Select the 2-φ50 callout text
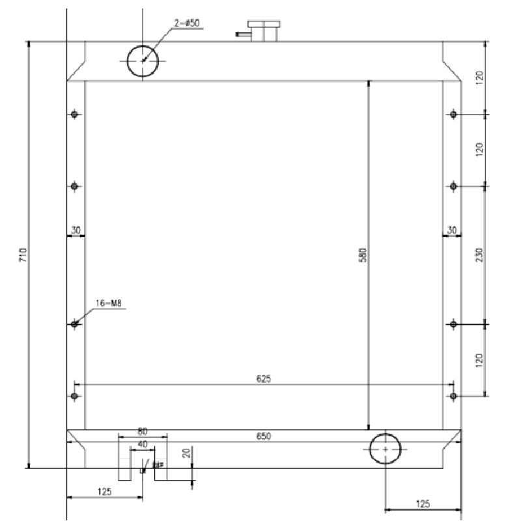[188, 24]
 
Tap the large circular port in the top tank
[143, 61]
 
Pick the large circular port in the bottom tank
[386, 449]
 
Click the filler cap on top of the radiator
[264, 29]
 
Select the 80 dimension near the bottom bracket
[142, 431]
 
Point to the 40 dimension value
[142, 444]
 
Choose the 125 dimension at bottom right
[423, 503]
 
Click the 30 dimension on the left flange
[76, 229]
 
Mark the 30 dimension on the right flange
[451, 229]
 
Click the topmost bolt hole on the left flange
[76, 115]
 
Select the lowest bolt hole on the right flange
[453, 395]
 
